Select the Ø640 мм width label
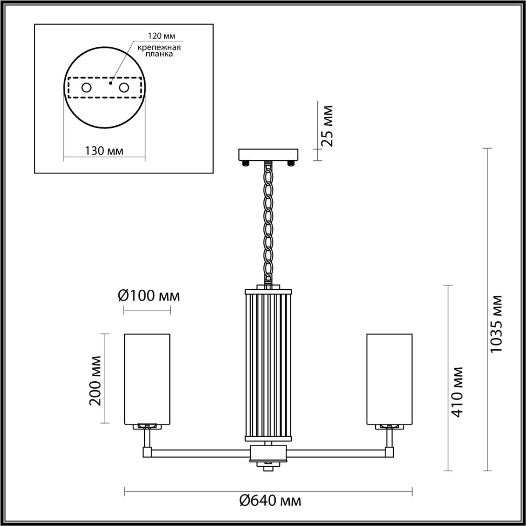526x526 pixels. point(270,501)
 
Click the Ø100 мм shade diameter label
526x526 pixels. point(149,295)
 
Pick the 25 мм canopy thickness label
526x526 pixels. point(326,126)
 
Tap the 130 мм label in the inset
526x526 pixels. point(104,151)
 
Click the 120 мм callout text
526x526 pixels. point(161,36)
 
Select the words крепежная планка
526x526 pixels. point(159,51)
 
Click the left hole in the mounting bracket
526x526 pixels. point(87,88)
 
